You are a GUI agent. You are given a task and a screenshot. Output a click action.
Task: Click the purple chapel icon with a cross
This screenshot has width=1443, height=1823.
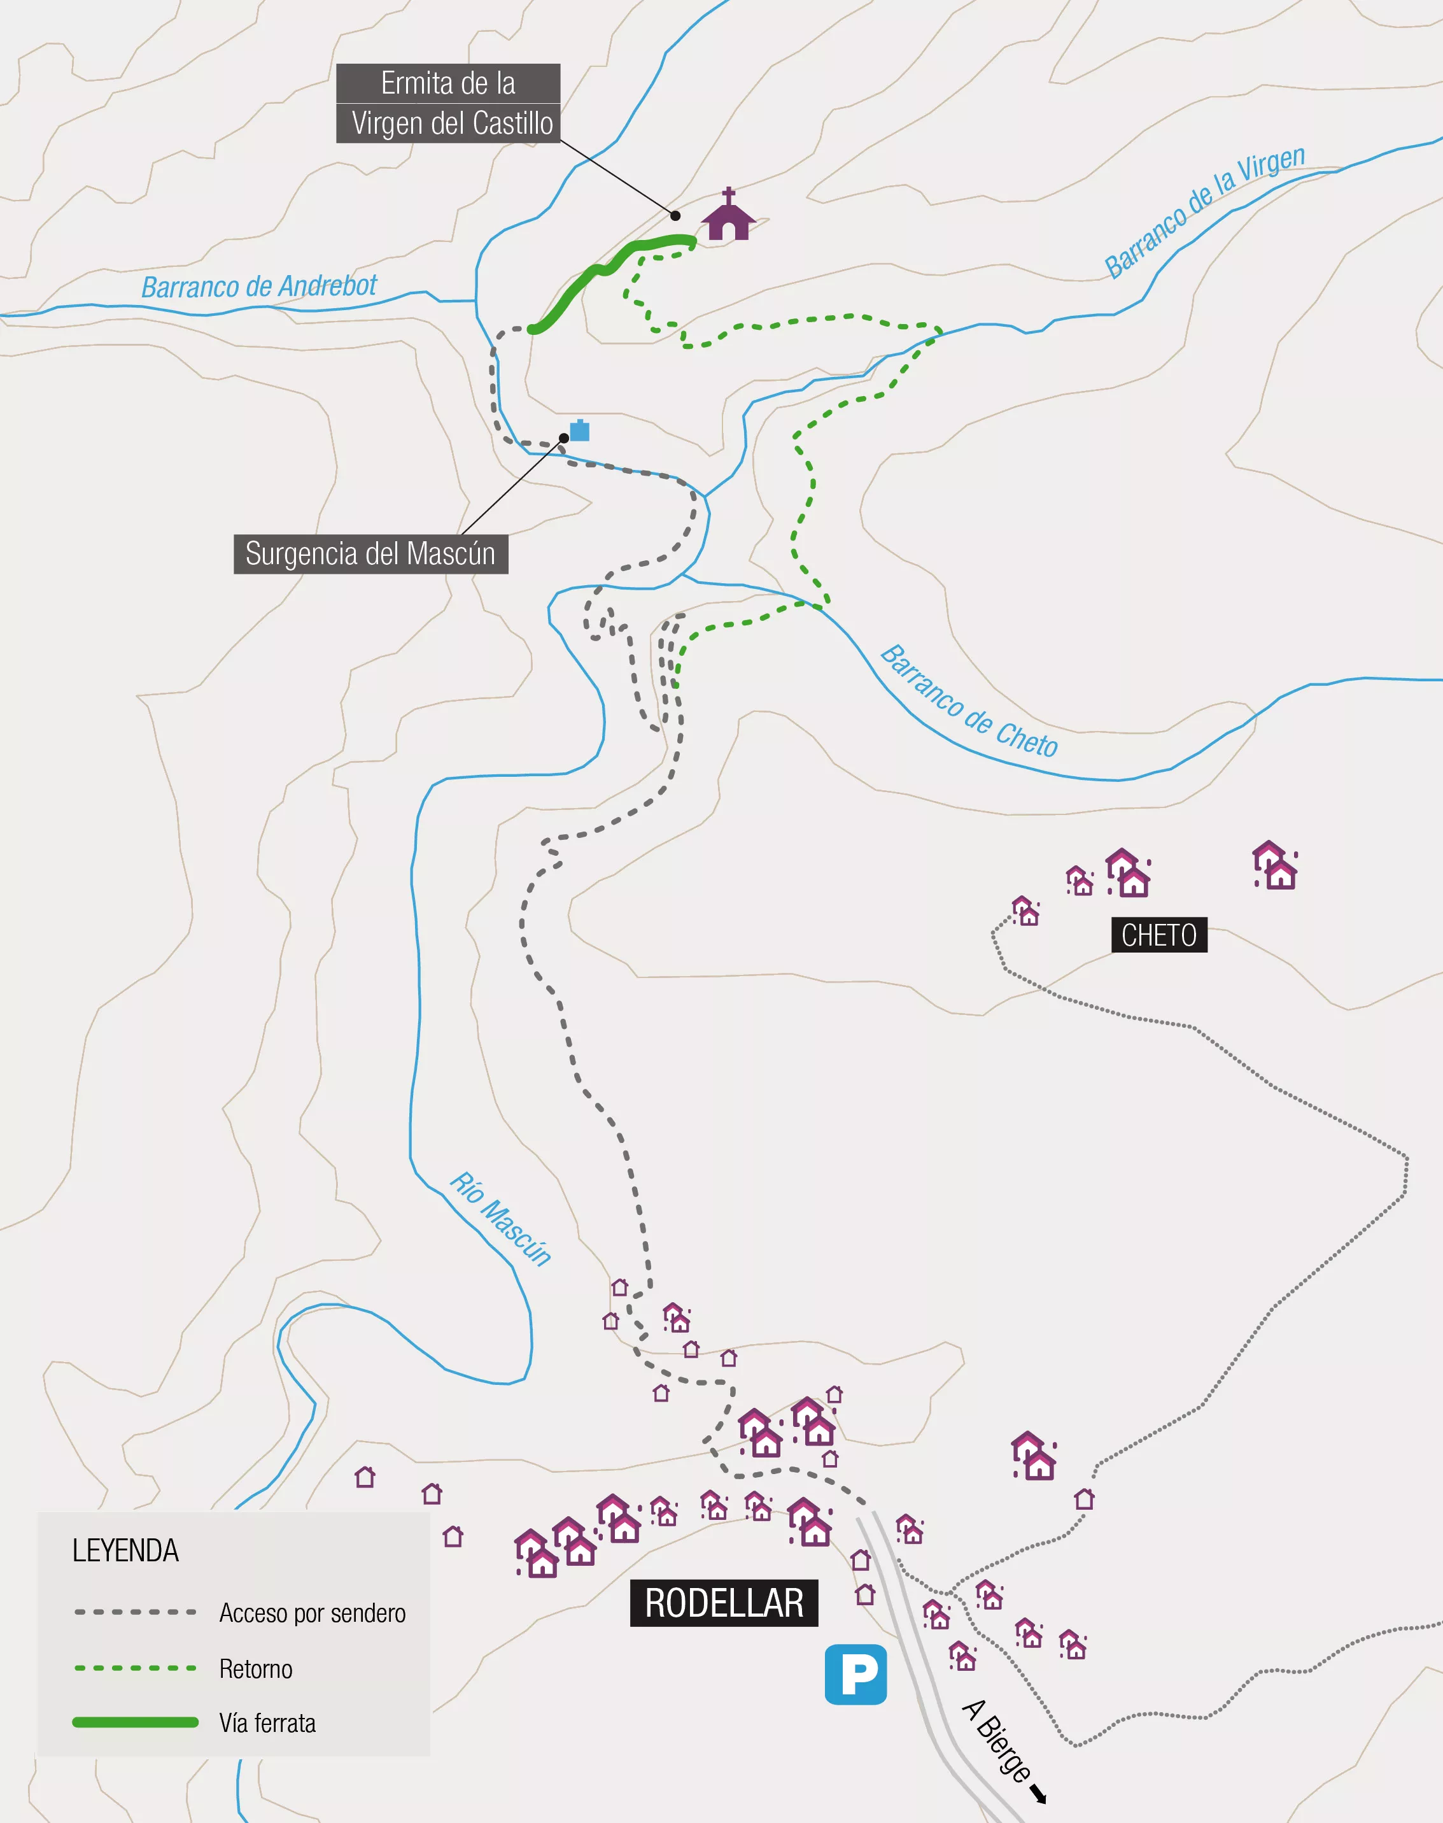(728, 216)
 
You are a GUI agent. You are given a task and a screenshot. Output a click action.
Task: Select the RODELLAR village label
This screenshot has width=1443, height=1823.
(724, 1603)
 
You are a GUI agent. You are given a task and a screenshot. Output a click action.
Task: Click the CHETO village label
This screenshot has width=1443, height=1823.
(1158, 935)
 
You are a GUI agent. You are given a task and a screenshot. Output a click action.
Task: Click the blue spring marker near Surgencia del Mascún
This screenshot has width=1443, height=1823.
(580, 430)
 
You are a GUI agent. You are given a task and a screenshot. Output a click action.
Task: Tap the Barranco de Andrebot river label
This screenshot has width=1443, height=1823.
(258, 287)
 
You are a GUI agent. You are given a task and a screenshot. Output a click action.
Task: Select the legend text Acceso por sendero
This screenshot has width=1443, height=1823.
(312, 1613)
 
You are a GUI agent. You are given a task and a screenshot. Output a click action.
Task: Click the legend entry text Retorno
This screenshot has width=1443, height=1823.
(255, 1668)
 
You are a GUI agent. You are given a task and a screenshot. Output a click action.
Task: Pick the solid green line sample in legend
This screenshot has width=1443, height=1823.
(135, 1722)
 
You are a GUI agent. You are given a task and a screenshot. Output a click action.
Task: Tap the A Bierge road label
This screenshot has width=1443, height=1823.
(997, 1740)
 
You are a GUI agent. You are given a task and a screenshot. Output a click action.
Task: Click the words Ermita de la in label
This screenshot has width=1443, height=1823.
(447, 83)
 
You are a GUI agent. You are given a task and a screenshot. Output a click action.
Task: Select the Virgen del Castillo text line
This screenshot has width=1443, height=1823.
(452, 124)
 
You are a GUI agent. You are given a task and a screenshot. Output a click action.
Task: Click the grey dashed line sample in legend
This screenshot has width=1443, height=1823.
(135, 1612)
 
